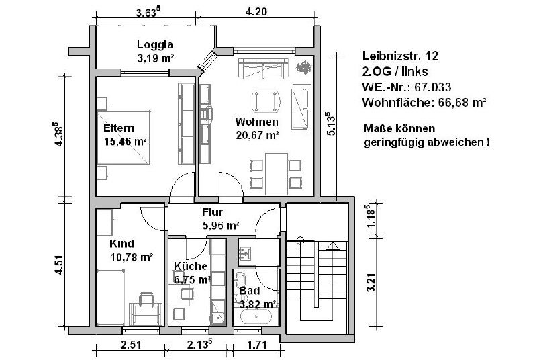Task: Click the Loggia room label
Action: tap(155, 45)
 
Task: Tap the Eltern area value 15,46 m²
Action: tap(126, 141)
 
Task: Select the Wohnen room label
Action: tap(257, 122)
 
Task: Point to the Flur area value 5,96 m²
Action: tap(221, 226)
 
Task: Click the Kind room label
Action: tap(121, 244)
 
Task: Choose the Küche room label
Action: tap(191, 266)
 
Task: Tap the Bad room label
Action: tap(249, 291)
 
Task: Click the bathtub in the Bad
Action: tap(256, 318)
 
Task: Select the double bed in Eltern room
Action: tap(124, 138)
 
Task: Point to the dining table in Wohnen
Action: tap(277, 173)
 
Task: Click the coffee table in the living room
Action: tap(266, 101)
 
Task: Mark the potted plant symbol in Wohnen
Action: tap(304, 66)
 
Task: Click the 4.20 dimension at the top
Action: tap(256, 11)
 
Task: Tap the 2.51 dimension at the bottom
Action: tap(130, 345)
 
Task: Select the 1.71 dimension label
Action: tap(256, 345)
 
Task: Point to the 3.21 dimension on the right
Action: tap(371, 283)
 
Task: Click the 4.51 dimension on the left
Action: tap(59, 265)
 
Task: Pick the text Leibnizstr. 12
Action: tap(400, 56)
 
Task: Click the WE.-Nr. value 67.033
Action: tap(432, 87)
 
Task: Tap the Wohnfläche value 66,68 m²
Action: tap(462, 102)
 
